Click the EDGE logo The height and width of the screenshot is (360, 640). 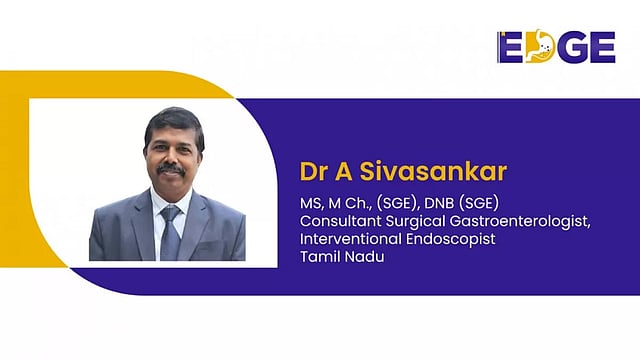556,46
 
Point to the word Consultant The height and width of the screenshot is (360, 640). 337,221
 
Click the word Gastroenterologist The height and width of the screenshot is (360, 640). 519,221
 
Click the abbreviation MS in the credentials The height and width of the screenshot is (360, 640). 311,203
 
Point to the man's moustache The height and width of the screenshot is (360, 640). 170,168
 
